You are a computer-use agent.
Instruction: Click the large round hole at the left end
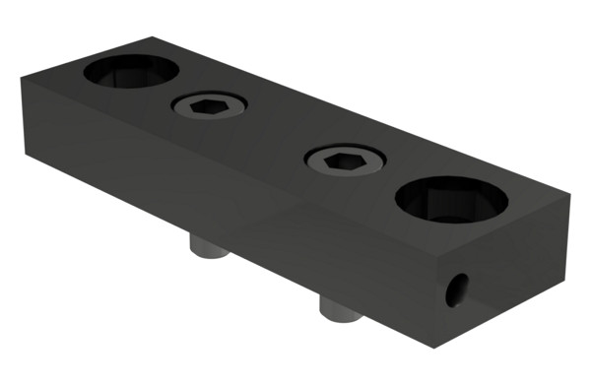(x=131, y=71)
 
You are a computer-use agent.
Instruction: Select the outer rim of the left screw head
(x=178, y=106)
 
